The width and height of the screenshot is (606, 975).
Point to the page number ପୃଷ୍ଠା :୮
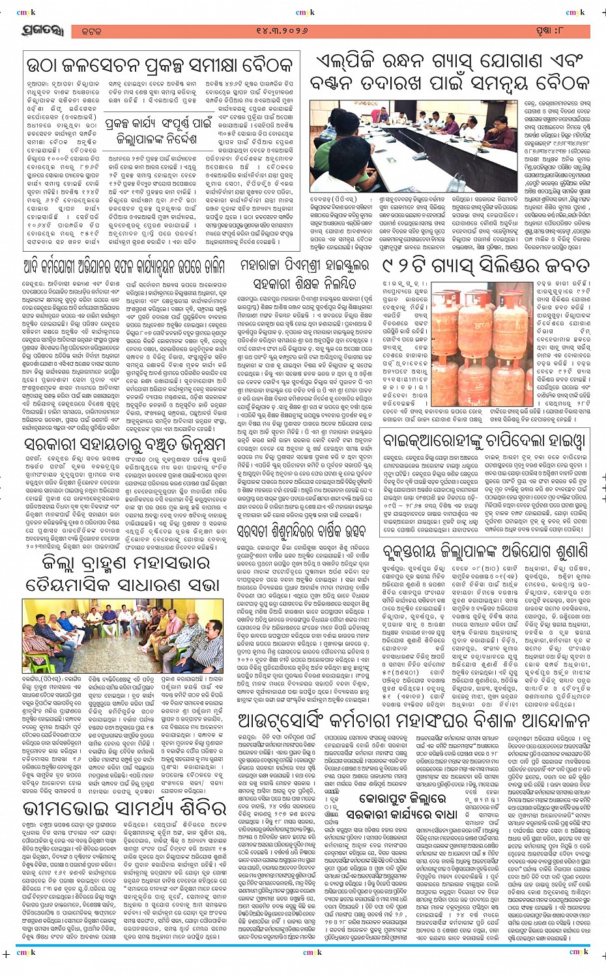[566, 31]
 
